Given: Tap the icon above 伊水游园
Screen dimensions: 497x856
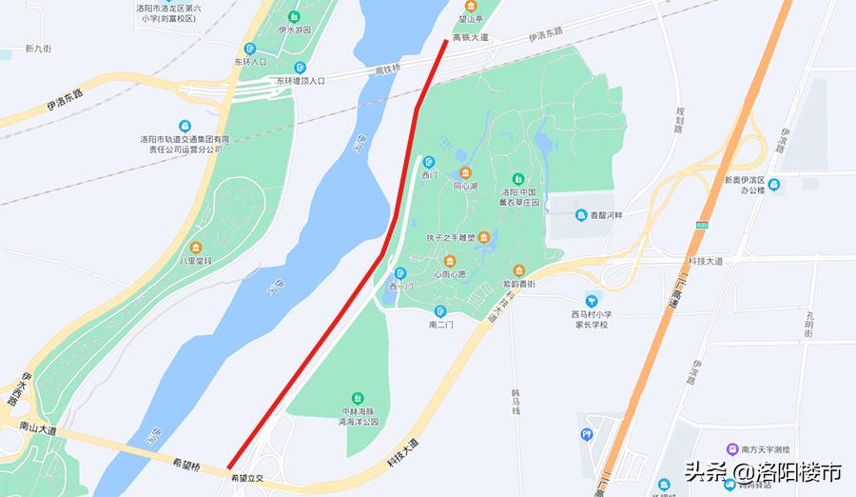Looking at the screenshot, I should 295,16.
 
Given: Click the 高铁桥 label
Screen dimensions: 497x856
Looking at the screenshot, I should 389,70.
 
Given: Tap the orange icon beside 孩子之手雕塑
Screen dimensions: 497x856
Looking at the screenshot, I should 484,236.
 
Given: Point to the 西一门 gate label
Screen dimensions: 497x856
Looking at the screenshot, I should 400,287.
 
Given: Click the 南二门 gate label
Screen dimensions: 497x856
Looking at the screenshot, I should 440,325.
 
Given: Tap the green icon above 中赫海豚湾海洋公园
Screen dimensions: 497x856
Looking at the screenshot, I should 358,397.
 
